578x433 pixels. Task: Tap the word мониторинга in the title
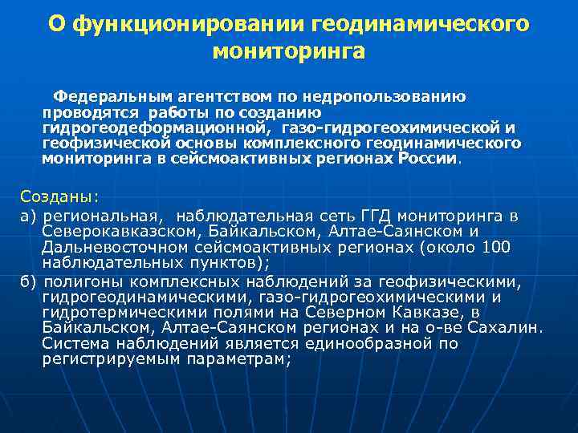click(x=288, y=52)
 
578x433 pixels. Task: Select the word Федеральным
click(x=104, y=97)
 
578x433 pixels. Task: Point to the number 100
click(x=494, y=246)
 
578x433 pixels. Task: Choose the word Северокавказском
click(x=118, y=231)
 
